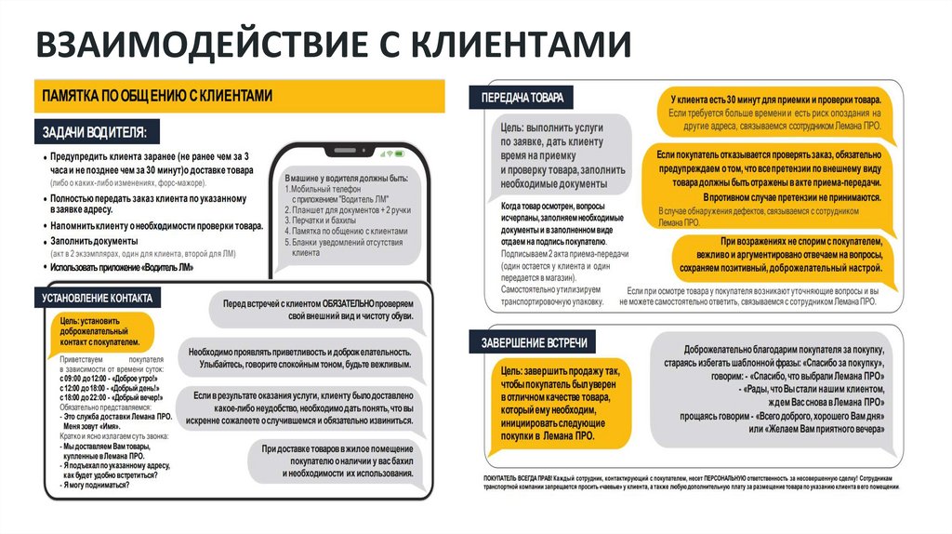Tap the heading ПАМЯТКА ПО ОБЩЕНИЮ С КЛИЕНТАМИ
click(x=157, y=95)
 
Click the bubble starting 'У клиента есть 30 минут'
click(x=776, y=111)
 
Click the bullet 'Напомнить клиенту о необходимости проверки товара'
click(x=157, y=226)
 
